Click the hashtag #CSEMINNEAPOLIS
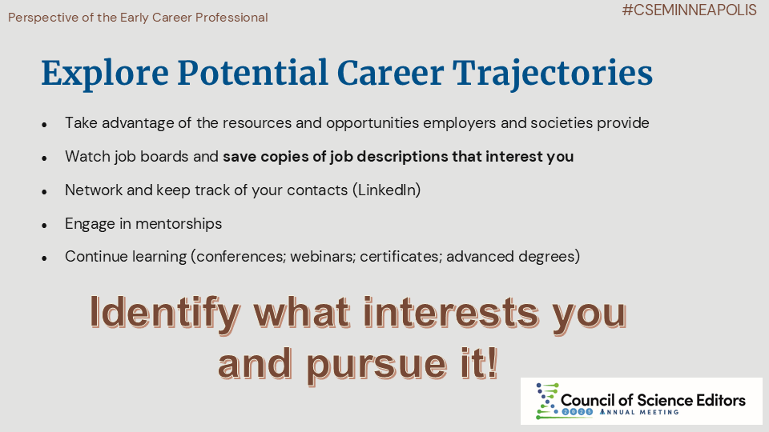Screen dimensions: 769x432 [x=689, y=10]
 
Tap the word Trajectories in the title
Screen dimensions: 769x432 [x=552, y=73]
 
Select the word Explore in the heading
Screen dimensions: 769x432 [x=105, y=74]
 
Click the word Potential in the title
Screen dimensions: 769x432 [x=252, y=73]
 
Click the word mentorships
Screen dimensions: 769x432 [x=179, y=224]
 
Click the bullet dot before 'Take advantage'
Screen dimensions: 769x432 [x=44, y=125]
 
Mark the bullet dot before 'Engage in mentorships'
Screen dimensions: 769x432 [x=44, y=226]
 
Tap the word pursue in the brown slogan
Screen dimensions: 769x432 [x=376, y=366]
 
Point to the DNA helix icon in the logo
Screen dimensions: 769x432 [x=547, y=401]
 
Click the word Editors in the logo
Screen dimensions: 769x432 [x=719, y=400]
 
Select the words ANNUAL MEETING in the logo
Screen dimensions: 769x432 [x=639, y=412]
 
